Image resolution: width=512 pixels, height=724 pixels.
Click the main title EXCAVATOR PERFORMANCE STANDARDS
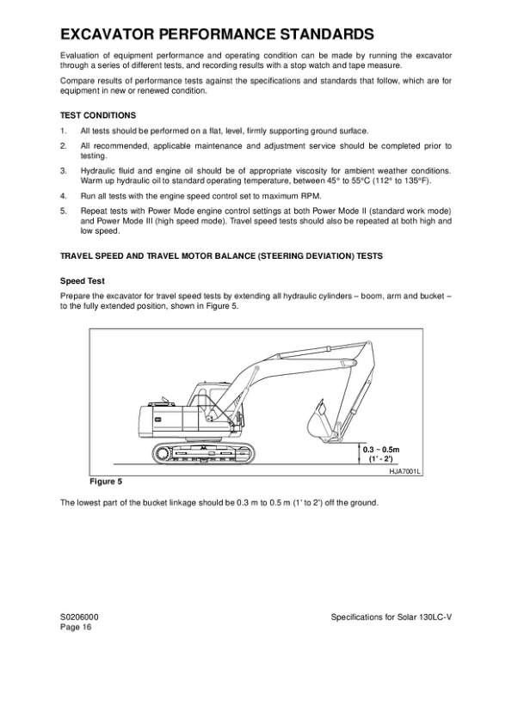coord(217,34)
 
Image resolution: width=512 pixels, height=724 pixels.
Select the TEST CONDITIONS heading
coord(97,114)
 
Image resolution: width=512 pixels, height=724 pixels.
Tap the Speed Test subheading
coord(83,280)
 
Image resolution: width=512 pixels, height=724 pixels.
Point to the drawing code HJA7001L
coord(406,472)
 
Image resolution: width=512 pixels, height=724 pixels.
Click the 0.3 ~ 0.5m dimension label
coord(382,450)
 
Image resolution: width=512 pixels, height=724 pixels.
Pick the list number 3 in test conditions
coord(63,171)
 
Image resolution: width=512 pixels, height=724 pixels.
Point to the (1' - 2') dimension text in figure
coord(381,459)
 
